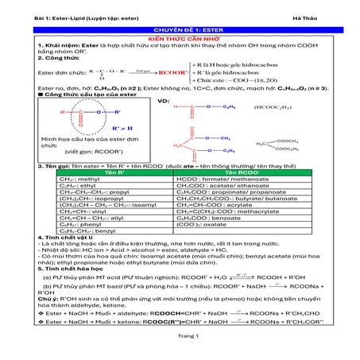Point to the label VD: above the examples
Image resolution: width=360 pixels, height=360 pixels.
(x=164, y=102)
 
